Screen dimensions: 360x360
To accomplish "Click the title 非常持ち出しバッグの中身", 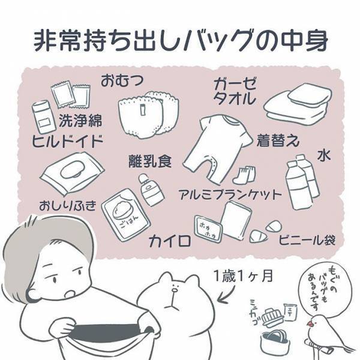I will coord(180,40).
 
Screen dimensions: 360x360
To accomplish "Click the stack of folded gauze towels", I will coord(298,101).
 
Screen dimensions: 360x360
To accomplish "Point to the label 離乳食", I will coord(150,160).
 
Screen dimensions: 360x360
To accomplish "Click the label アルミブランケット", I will coord(230,194).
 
